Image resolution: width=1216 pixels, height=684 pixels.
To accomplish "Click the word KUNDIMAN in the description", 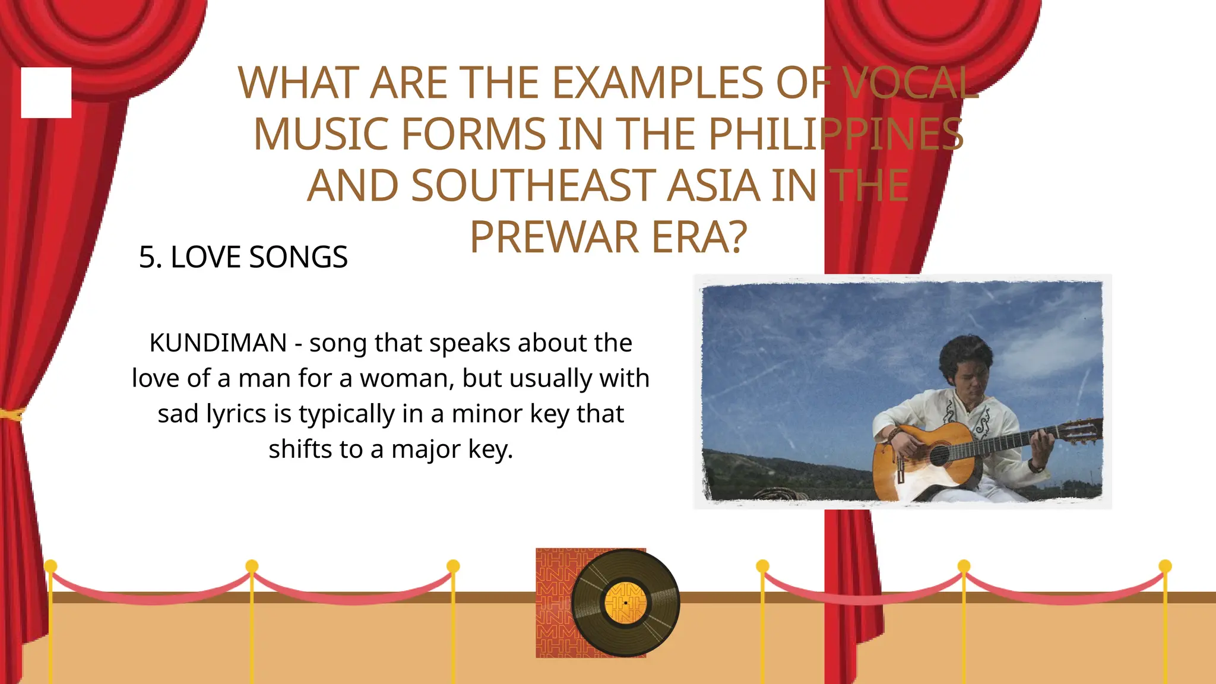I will click(x=218, y=343).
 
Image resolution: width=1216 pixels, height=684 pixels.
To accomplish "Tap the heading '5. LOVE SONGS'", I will click(x=243, y=257).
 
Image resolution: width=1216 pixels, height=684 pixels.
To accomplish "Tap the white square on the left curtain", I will click(x=46, y=93).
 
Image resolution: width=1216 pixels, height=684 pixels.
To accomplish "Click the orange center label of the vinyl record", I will click(x=625, y=603).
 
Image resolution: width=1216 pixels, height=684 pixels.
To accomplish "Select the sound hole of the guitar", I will click(x=939, y=456).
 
